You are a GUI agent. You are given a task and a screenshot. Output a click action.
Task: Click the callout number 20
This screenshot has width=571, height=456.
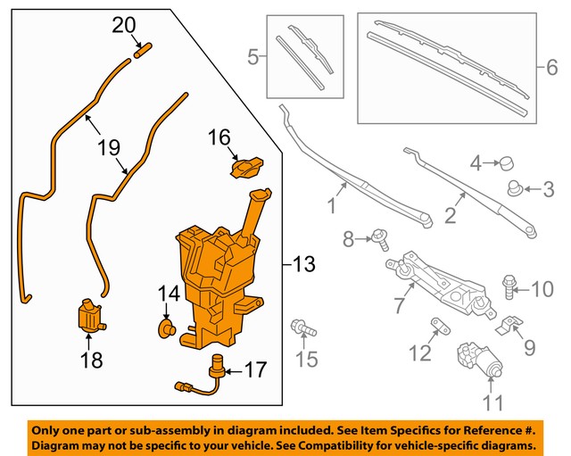click(124, 26)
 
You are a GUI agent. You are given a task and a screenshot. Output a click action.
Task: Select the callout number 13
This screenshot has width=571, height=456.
click(303, 264)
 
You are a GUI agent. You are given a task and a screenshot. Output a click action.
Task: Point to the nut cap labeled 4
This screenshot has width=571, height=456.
click(509, 163)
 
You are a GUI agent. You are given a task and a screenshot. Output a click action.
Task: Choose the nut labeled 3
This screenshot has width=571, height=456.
click(515, 188)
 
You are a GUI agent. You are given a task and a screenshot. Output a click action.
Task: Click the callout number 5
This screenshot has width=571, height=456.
click(253, 59)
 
